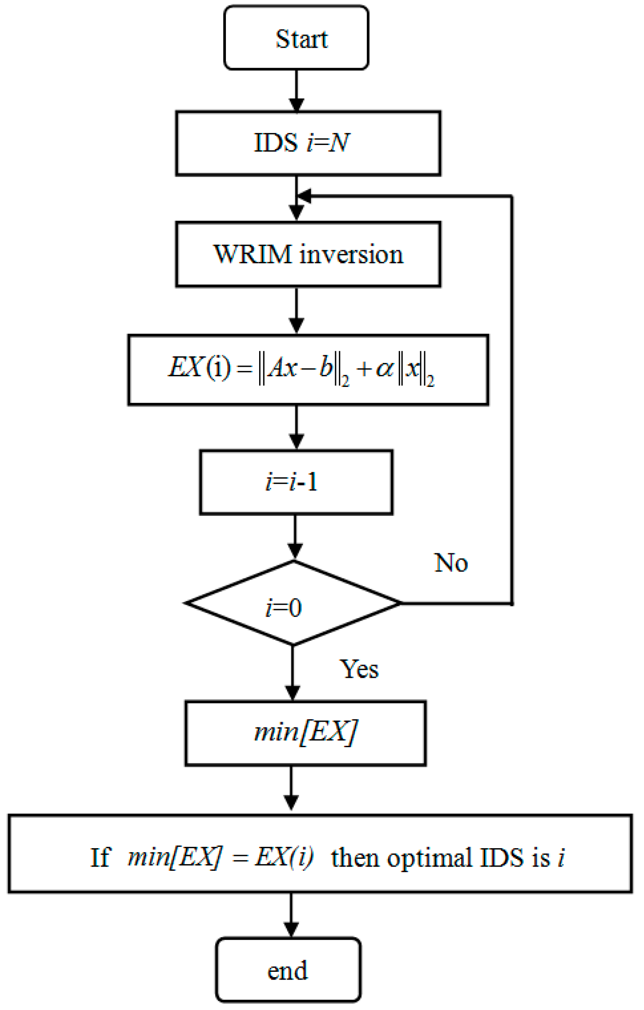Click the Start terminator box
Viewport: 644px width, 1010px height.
click(x=296, y=38)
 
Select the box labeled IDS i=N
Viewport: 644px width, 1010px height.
click(x=308, y=143)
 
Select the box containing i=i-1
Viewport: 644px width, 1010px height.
click(x=296, y=482)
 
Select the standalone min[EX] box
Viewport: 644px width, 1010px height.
click(x=305, y=734)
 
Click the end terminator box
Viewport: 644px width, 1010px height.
click(x=288, y=970)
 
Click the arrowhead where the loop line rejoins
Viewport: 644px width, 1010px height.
click(x=304, y=196)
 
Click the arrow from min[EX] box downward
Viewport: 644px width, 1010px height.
click(x=291, y=789)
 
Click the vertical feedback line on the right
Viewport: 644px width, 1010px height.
click(x=512, y=398)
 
